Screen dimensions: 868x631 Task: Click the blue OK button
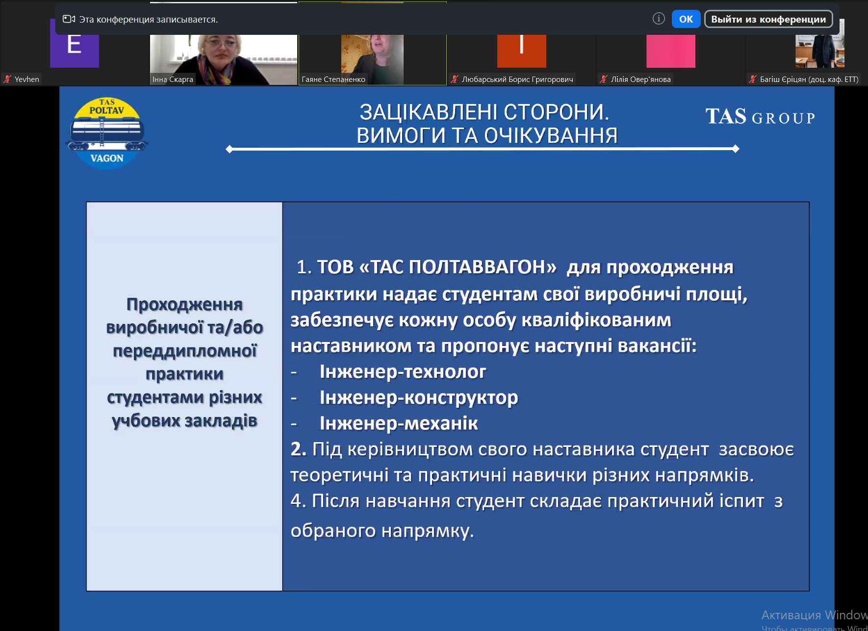point(686,19)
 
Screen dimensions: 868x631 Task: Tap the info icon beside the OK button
point(659,19)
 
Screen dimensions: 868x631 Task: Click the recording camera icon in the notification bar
point(69,19)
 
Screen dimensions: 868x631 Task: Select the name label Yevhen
point(27,79)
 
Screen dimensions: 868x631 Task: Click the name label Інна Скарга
point(173,79)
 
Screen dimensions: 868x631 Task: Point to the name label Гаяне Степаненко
point(333,79)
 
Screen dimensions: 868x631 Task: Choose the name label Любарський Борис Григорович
point(517,79)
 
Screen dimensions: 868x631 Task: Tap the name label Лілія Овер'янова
point(640,79)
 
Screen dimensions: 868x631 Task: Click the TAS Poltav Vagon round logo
point(107,133)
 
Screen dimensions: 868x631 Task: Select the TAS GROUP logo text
point(760,117)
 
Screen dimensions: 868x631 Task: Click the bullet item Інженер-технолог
point(403,372)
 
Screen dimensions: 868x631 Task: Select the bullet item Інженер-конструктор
point(419,398)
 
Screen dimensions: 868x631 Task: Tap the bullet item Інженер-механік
point(399,423)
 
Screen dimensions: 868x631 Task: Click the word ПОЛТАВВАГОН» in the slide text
point(483,267)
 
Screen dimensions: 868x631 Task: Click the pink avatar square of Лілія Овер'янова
point(670,51)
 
